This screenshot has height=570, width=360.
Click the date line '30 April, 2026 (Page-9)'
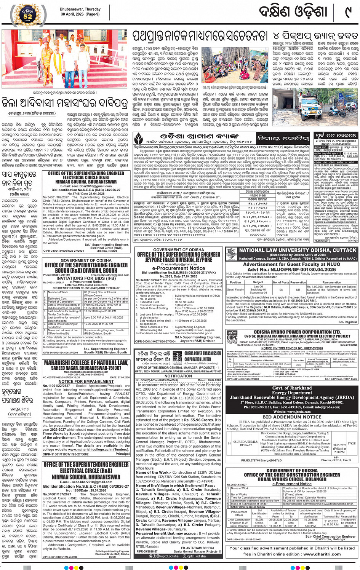click(x=80, y=14)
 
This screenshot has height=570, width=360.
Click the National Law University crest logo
click(x=232, y=254)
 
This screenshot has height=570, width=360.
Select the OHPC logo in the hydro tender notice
click(x=232, y=335)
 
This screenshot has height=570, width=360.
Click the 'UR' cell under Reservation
click(x=298, y=289)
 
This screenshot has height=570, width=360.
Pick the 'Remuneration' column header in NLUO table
click(x=332, y=283)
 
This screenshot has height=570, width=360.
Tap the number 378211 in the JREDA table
click(x=352, y=444)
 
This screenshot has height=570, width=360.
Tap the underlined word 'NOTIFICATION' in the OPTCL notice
click(x=178, y=376)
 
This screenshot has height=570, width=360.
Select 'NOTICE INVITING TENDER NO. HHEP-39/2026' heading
click(x=292, y=348)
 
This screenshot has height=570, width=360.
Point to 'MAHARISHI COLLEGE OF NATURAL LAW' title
click(x=86, y=363)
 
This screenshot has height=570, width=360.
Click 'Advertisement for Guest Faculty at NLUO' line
click(x=291, y=264)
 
